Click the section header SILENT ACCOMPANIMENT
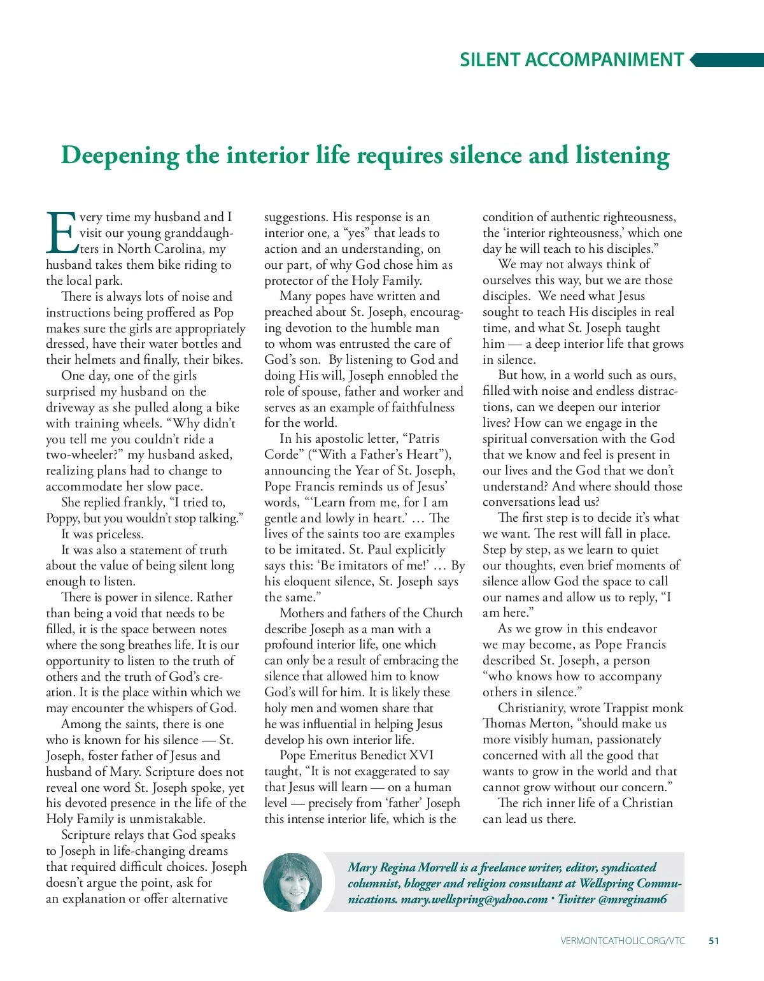(x=571, y=60)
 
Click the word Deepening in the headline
(x=120, y=156)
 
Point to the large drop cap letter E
(x=61, y=233)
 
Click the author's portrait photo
(x=293, y=882)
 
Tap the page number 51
(x=714, y=940)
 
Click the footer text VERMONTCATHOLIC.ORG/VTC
(x=623, y=940)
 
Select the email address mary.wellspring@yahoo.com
(x=474, y=899)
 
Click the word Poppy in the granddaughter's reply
(x=62, y=519)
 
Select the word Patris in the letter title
(x=423, y=439)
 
